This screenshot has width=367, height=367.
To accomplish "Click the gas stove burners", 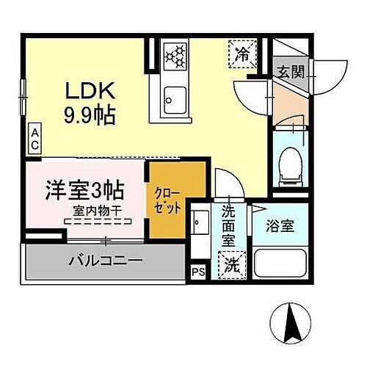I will (x=175, y=55).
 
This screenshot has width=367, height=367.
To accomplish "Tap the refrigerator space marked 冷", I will (x=242, y=54).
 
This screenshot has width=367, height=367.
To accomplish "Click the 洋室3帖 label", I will (x=75, y=189).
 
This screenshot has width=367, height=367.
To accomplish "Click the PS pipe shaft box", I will (x=196, y=272).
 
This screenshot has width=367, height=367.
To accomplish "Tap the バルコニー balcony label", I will (x=106, y=261).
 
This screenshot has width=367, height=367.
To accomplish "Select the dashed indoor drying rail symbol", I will (x=97, y=221).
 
